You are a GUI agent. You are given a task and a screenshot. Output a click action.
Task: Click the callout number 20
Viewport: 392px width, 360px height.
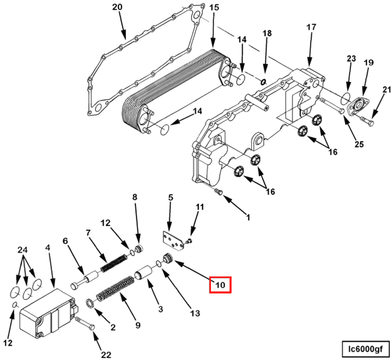click(118, 7)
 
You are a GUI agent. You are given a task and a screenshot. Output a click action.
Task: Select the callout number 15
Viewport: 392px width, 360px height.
click(214, 7)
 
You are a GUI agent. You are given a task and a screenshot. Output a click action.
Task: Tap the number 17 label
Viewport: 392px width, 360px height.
click(311, 27)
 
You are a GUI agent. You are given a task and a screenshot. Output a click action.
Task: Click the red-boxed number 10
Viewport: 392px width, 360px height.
click(220, 285)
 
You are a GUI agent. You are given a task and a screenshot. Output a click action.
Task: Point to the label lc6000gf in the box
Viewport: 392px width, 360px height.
click(364, 349)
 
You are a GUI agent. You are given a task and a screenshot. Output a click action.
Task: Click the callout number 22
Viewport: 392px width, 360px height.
click(106, 354)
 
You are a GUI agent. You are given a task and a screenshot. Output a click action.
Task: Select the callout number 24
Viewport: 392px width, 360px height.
click(22, 250)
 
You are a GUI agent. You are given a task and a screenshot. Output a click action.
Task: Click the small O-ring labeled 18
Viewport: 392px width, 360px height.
click(263, 81)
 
